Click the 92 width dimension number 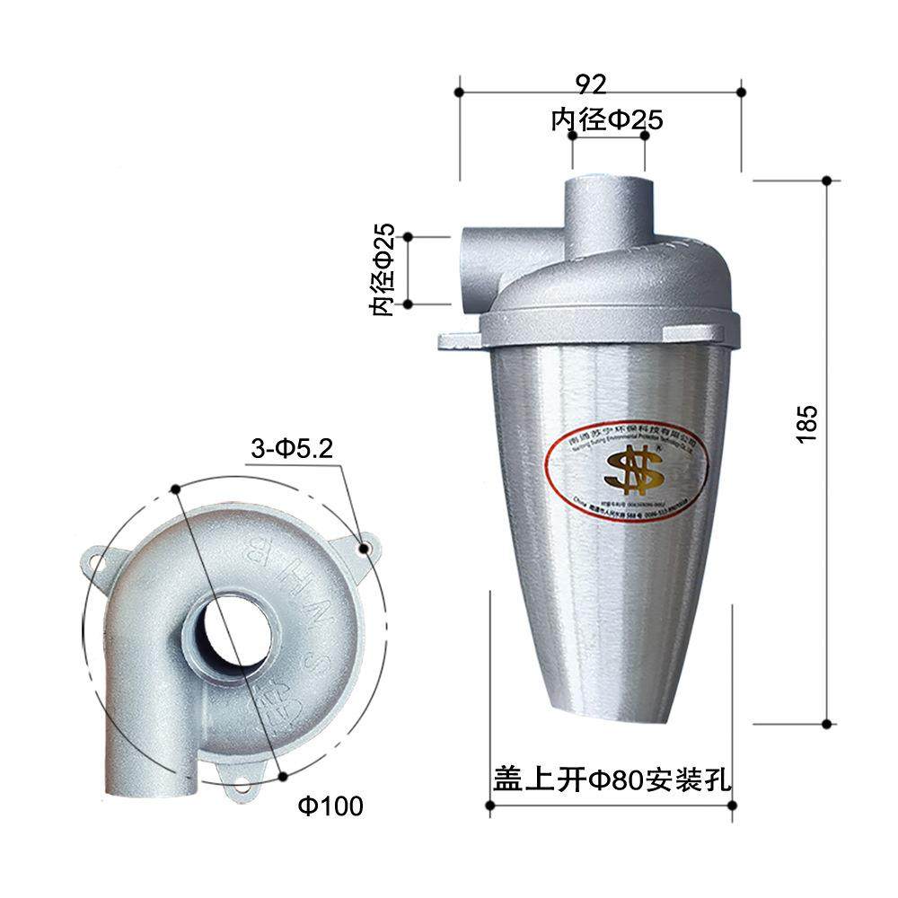(591, 84)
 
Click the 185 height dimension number (806, 422)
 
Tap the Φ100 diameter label (330, 806)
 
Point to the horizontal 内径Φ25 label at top (607, 120)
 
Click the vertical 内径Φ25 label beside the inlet (383, 269)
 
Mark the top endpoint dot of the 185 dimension (827, 180)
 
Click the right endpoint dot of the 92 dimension (741, 91)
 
